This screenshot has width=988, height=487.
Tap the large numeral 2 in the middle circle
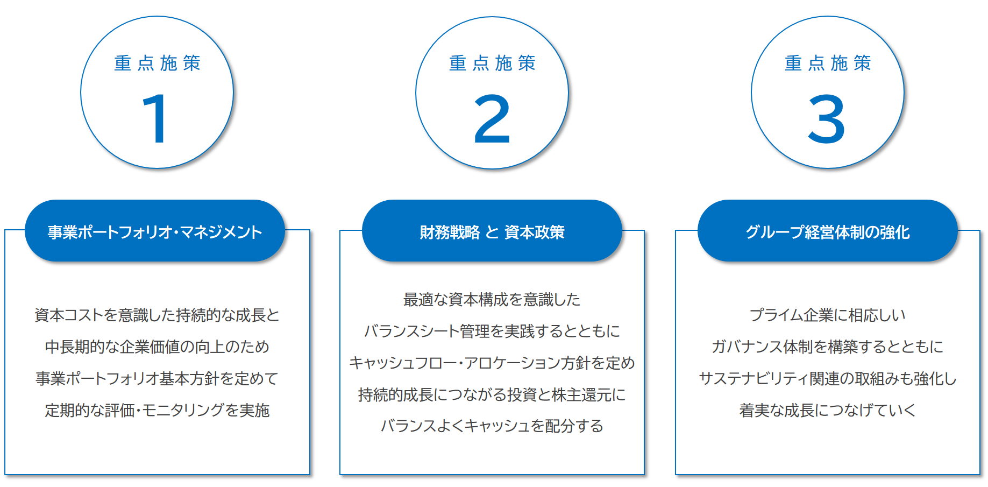coord(492,118)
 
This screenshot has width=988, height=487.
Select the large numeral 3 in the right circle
coord(827,118)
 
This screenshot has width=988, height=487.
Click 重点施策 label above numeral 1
coord(157,63)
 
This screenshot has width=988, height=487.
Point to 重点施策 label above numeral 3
coord(828,63)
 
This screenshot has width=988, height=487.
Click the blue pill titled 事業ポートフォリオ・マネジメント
coord(155,231)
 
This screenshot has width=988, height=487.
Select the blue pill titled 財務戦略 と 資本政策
coord(492,231)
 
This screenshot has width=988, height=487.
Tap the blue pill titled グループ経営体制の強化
coord(828,231)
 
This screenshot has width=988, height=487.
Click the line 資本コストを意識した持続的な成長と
coord(157,315)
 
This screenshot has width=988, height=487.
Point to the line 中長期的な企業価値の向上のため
coord(157,347)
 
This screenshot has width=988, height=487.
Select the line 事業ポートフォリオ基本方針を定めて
coord(157,378)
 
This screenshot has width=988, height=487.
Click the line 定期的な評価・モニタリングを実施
coord(157,410)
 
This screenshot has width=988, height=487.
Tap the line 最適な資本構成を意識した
coord(492,299)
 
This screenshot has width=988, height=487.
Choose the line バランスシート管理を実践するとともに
coord(492,331)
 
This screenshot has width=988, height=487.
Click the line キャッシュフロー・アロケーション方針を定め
coord(492,363)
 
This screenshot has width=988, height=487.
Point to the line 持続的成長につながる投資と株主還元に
coord(492,394)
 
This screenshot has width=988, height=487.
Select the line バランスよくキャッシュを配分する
coord(492,426)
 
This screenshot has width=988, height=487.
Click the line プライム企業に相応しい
coord(828,315)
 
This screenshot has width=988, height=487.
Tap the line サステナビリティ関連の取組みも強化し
coord(828,378)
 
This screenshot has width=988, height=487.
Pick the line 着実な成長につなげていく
coord(828,410)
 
